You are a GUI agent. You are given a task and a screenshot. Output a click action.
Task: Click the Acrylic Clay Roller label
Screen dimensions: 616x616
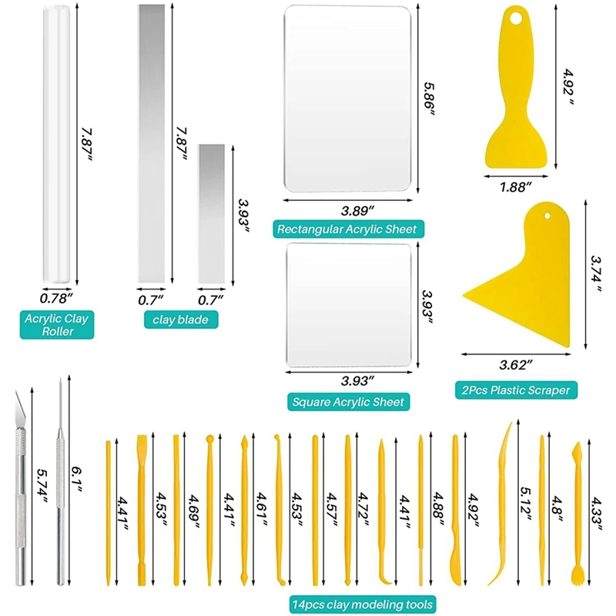pyautogui.click(x=57, y=324)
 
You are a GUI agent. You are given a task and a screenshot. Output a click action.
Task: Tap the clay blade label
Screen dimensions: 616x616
pyautogui.click(x=181, y=320)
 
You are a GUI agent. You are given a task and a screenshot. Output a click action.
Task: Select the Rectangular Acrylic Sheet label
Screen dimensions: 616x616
pyautogui.click(x=349, y=229)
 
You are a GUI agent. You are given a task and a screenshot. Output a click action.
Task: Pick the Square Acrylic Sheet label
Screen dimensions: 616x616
pyautogui.click(x=349, y=401)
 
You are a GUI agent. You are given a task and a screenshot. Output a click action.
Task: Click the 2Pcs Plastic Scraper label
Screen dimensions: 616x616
pyautogui.click(x=516, y=390)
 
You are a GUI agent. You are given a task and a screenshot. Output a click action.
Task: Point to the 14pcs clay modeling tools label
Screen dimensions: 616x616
pyautogui.click(x=363, y=604)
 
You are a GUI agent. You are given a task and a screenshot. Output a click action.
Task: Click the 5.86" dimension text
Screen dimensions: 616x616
pyautogui.click(x=429, y=99)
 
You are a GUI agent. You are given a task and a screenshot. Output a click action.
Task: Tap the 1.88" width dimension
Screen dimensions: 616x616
pyautogui.click(x=515, y=187)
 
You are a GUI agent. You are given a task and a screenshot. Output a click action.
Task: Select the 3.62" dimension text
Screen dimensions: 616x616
pyautogui.click(x=515, y=364)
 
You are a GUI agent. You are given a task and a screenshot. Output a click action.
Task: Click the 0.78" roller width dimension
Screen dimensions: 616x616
pyautogui.click(x=56, y=299)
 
